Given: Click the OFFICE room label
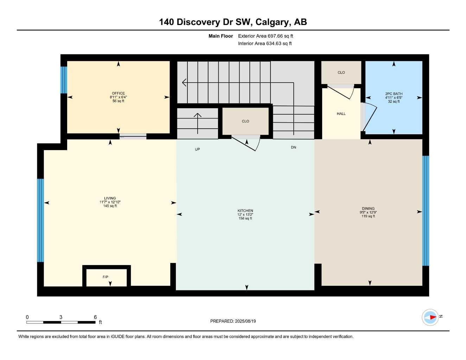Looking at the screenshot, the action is (118, 93).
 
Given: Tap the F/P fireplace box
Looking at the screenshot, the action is (107, 276).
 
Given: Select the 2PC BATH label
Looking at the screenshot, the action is (394, 94).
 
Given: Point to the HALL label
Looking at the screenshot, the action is (341, 114).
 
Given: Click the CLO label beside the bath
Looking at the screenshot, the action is (341, 72).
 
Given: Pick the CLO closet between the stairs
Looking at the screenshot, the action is (245, 121).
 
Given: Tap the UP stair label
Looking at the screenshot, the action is (197, 149).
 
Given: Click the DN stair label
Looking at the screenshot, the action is (293, 147).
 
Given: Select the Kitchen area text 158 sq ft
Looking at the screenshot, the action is (245, 218).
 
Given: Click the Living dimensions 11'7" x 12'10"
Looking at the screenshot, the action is (110, 202).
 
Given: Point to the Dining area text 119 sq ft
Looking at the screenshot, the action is (368, 216).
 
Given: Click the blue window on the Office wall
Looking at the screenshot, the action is (64, 80).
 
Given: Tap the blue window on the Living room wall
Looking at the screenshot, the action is (40, 220).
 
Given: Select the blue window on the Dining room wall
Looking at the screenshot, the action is (426, 211).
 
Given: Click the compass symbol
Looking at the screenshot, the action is (430, 317).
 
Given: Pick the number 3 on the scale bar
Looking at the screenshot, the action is (61, 317).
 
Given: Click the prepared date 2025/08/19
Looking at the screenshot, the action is (245, 321).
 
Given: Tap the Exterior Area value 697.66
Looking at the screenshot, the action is (275, 36).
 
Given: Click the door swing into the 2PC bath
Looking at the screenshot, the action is (369, 117).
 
